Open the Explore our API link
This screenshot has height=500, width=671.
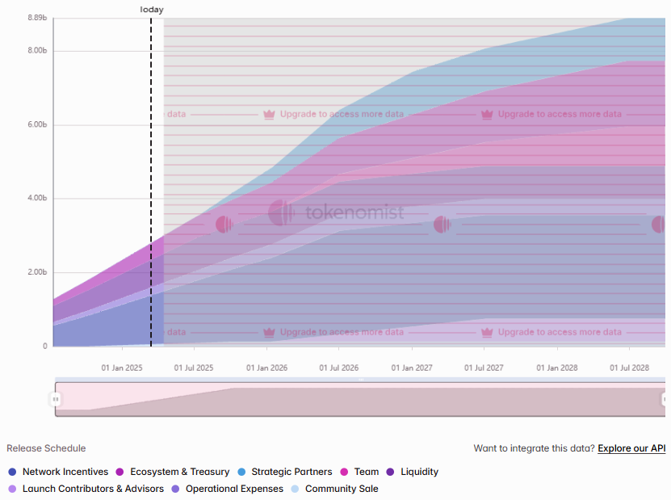coord(631,448)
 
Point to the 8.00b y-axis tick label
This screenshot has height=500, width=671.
coord(36,50)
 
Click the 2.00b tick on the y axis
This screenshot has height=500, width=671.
coord(36,272)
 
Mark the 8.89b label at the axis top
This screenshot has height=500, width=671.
coord(36,18)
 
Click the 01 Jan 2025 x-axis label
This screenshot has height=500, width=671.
coord(122,368)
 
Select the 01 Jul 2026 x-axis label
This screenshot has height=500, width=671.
coord(339,368)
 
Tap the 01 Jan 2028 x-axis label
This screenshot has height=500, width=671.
coord(557,368)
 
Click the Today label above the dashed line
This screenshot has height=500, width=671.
coord(151,10)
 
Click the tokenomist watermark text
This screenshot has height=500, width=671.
coord(354,213)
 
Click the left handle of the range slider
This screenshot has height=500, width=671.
coord(56,399)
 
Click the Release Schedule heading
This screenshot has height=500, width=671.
coord(46,448)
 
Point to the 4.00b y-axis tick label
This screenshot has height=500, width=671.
coord(36,198)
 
